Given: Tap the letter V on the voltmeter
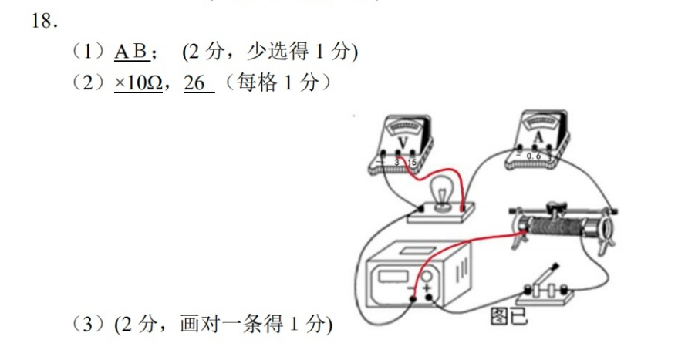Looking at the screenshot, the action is (403, 143).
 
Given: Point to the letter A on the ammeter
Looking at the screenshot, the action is (538, 138).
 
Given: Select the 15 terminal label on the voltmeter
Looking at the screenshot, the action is (412, 163).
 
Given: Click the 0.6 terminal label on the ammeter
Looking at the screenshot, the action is (534, 156).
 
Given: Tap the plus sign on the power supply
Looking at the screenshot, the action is (427, 289).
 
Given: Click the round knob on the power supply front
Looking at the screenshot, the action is (427, 278).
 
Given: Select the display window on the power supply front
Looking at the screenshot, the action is (393, 277).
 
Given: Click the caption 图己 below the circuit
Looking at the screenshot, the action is (509, 316).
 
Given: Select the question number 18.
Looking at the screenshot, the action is (45, 21).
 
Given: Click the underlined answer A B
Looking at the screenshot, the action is (131, 52).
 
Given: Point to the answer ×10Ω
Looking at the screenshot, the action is (138, 82).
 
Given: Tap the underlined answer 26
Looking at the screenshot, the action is (194, 82).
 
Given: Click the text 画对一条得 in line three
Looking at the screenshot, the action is (231, 324).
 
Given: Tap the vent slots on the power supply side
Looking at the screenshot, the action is (461, 269).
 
